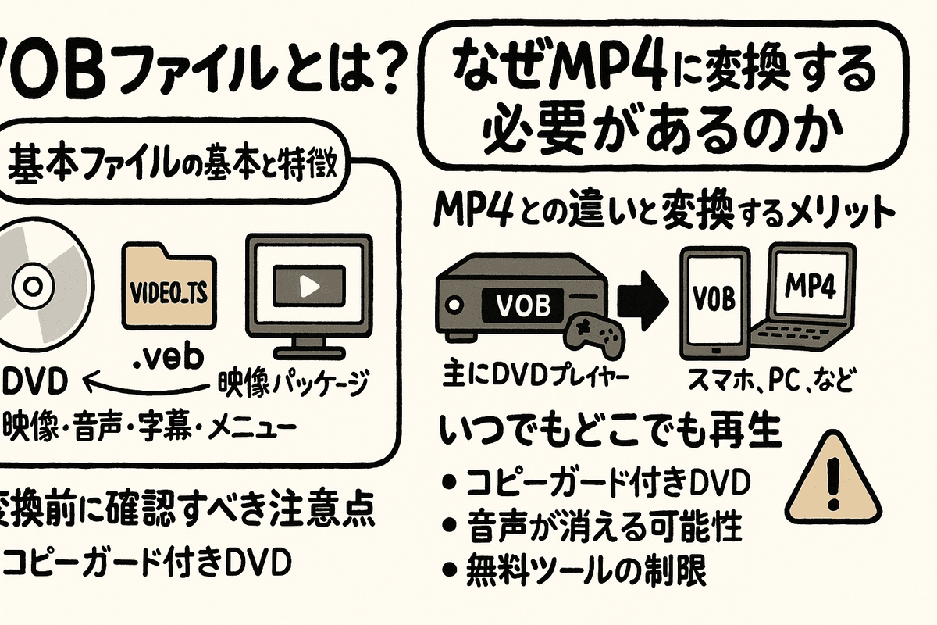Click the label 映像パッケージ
coord(290,384)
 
